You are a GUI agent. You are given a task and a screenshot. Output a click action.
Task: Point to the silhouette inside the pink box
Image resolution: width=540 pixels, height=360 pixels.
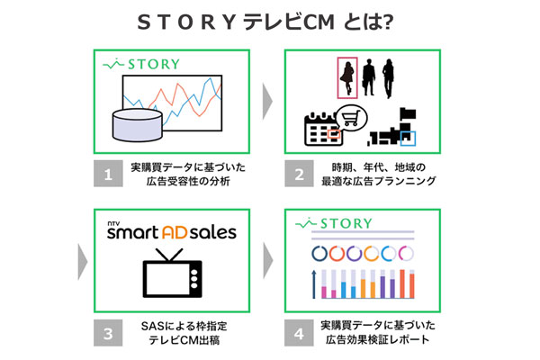(x=346, y=76)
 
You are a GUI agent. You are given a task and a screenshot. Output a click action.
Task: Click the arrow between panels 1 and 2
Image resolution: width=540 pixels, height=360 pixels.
(x=267, y=100)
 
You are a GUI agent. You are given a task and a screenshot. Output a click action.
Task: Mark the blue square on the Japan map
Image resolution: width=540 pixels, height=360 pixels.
(x=409, y=139)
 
